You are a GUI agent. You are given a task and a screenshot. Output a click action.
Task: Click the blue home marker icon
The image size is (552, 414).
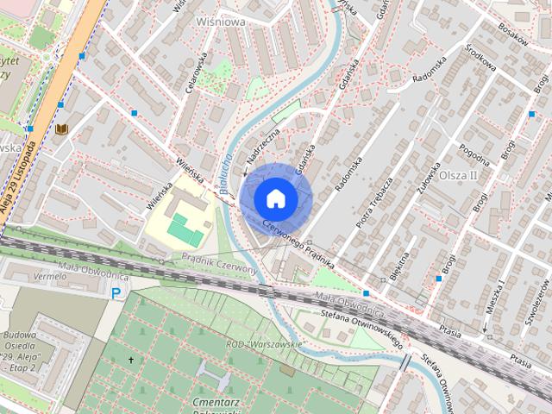point(275,198)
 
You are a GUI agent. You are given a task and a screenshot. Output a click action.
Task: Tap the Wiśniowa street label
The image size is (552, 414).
point(220,22)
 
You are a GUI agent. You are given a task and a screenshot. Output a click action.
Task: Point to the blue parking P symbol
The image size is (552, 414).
point(116,294)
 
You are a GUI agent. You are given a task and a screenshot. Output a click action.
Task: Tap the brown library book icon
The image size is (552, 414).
point(61,129)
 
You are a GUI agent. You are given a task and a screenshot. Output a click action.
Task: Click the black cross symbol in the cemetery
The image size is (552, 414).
point(132,360)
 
